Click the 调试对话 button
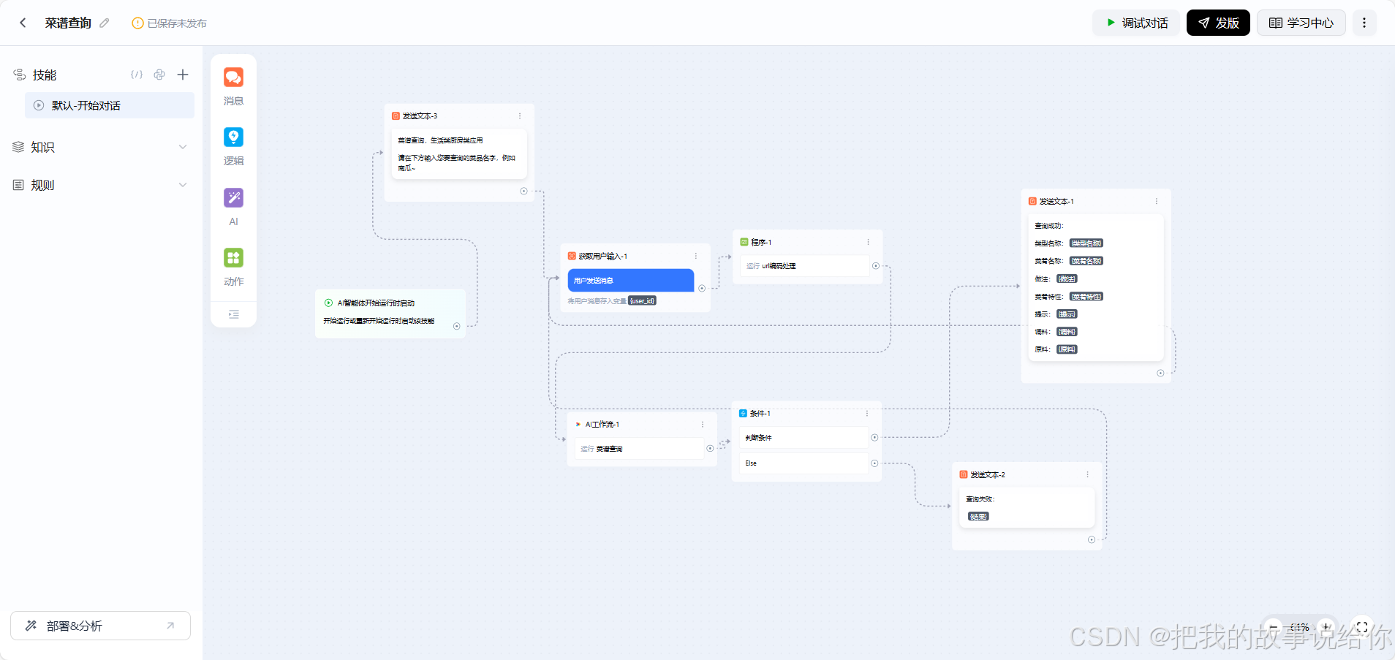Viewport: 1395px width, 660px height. (1137, 23)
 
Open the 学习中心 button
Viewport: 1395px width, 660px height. (1301, 23)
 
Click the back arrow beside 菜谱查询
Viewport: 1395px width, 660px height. (23, 23)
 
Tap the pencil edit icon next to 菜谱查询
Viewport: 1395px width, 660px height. (105, 23)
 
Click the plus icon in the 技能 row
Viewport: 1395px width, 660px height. (183, 75)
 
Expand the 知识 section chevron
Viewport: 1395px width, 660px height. (183, 147)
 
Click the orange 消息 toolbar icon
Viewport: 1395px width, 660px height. (233, 77)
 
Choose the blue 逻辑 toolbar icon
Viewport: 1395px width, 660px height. (233, 137)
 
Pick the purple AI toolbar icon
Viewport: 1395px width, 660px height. (233, 197)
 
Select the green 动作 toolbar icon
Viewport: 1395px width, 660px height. (233, 257)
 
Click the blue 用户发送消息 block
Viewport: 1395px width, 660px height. (630, 280)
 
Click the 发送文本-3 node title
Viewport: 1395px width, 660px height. (420, 116)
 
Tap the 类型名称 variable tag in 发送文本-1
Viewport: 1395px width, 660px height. (1086, 243)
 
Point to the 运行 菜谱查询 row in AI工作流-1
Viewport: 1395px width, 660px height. (636, 449)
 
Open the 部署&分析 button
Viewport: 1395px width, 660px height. (100, 626)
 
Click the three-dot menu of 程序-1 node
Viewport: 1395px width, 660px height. (868, 242)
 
